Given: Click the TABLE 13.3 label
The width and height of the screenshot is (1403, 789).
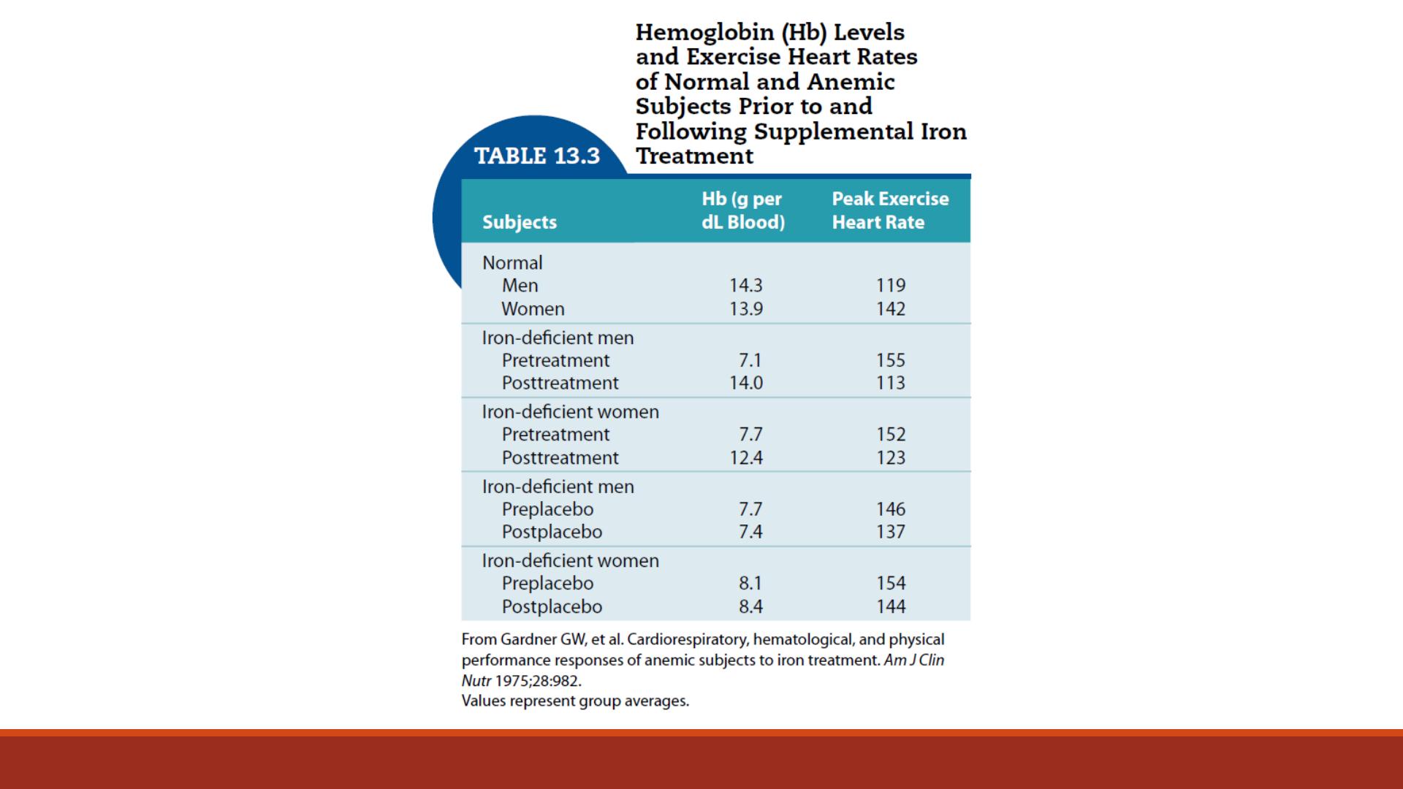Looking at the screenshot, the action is point(537,156).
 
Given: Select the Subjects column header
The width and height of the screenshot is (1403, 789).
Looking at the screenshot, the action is point(520,222).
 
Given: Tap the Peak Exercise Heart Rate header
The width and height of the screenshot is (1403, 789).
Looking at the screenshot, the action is point(890,210).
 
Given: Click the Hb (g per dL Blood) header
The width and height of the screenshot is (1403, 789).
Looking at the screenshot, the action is point(743,210).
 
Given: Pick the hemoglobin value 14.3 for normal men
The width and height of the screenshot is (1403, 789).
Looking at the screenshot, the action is point(746,286).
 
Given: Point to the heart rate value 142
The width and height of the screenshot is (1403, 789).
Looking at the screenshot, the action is point(891,309).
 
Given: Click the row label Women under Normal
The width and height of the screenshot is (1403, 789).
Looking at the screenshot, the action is point(533,309).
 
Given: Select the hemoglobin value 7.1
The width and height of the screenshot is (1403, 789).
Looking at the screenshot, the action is point(750,361).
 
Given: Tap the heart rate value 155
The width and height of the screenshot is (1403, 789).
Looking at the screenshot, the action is point(891,361).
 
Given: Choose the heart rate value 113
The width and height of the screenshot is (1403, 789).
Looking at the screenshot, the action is point(891,383).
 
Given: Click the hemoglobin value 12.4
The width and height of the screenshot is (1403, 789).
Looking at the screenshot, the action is point(746,458).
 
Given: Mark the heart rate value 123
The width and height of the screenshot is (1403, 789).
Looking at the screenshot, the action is point(891,458).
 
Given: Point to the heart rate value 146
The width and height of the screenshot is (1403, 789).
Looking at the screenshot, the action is point(891,509).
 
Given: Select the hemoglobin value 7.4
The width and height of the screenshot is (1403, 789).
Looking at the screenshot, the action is point(750,532).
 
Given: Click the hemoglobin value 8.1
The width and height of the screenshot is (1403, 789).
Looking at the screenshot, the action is point(750,584).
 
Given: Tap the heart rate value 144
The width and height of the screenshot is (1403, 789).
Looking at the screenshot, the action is point(891,607).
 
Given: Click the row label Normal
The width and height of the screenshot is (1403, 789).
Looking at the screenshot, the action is point(512,263).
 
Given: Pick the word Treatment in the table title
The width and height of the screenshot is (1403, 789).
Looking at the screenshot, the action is point(694,156).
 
